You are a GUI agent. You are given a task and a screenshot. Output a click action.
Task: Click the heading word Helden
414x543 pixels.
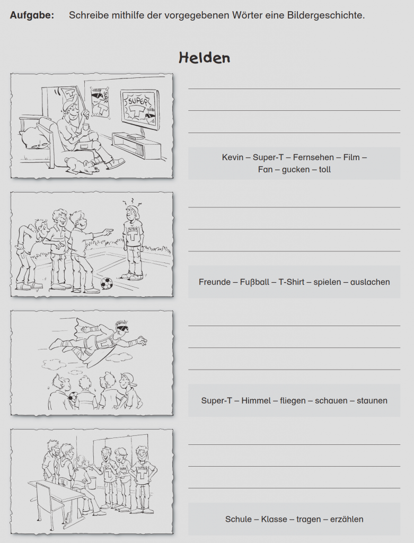pos(204,57)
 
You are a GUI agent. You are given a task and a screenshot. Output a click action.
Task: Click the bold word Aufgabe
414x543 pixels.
pos(32,15)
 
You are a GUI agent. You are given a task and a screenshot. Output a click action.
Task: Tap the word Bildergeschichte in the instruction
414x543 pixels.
pos(325,15)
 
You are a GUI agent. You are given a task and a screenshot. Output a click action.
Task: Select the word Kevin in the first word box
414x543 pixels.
pos(233,157)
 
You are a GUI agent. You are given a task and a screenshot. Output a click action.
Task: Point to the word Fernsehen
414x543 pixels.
pos(314,157)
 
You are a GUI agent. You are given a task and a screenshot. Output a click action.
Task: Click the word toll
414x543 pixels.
pos(325,169)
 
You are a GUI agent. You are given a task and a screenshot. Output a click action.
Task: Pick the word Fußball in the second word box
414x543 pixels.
pos(254,282)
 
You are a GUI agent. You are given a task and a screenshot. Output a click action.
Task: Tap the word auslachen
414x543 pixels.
pos(370,282)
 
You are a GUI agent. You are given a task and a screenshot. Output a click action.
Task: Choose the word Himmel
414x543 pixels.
pos(256,400)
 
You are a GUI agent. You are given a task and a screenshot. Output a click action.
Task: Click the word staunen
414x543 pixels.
pos(372,401)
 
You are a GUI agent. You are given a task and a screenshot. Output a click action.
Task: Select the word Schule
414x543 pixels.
pos(239,519)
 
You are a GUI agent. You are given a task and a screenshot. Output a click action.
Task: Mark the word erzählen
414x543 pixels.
pos(347,519)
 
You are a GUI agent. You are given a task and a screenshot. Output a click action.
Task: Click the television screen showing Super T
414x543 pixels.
pos(140,109)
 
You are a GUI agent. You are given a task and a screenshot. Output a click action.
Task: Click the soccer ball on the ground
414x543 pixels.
pos(107,284)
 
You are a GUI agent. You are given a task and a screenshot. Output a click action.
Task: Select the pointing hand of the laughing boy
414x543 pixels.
pos(109,231)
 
